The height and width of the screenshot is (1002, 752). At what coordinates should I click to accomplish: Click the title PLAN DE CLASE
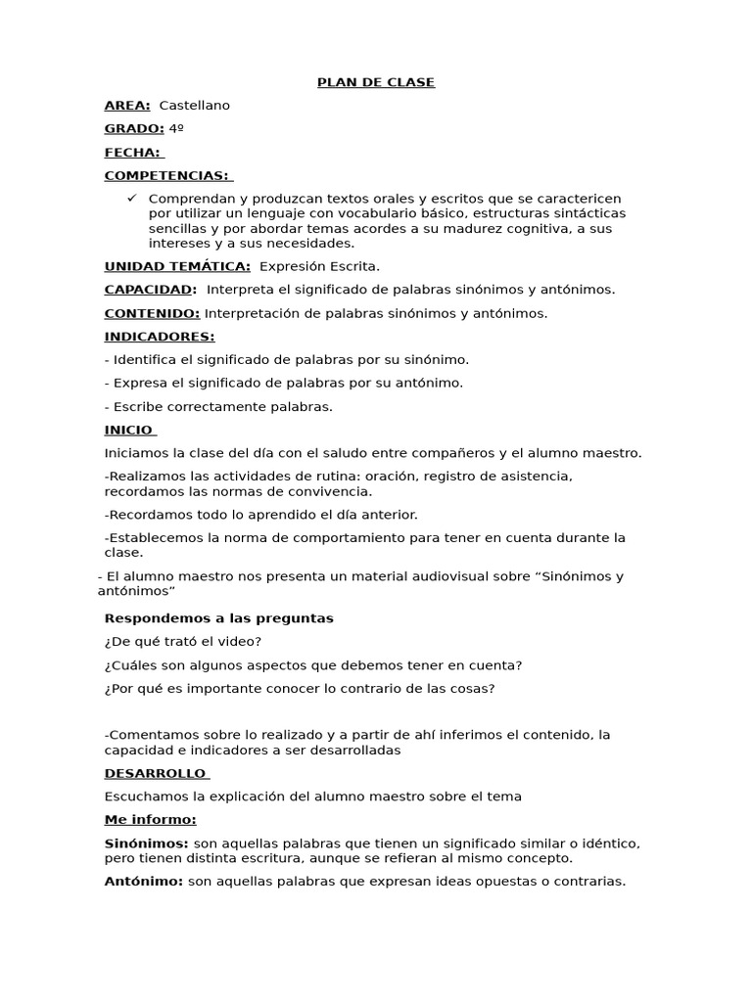376,82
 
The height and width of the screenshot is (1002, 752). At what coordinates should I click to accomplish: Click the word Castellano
194,106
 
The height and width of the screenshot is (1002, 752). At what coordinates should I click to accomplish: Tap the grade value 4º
176,129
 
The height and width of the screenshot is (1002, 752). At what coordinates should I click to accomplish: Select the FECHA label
133,153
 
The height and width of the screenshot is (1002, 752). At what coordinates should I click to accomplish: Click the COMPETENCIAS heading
167,176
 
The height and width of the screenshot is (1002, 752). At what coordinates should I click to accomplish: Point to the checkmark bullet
133,198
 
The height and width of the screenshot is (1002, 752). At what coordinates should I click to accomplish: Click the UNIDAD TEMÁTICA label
177,266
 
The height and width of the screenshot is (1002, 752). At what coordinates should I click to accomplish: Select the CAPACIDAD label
150,290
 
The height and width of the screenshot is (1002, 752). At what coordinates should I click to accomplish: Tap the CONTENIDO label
152,313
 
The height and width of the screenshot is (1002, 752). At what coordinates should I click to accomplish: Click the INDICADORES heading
159,337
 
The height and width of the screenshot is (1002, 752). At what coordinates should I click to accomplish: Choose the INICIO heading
129,430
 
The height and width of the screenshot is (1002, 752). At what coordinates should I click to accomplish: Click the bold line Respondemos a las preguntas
218,618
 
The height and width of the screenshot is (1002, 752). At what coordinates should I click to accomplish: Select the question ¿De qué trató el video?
183,642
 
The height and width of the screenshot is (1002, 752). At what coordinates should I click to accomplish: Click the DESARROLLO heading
155,773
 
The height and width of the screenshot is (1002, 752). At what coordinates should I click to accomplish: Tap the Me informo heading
150,820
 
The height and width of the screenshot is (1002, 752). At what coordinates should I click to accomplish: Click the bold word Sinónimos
146,843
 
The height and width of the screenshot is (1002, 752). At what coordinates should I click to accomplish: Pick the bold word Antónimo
143,882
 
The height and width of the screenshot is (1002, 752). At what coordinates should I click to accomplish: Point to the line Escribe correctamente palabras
218,407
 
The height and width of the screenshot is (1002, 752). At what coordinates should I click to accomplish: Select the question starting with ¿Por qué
299,689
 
